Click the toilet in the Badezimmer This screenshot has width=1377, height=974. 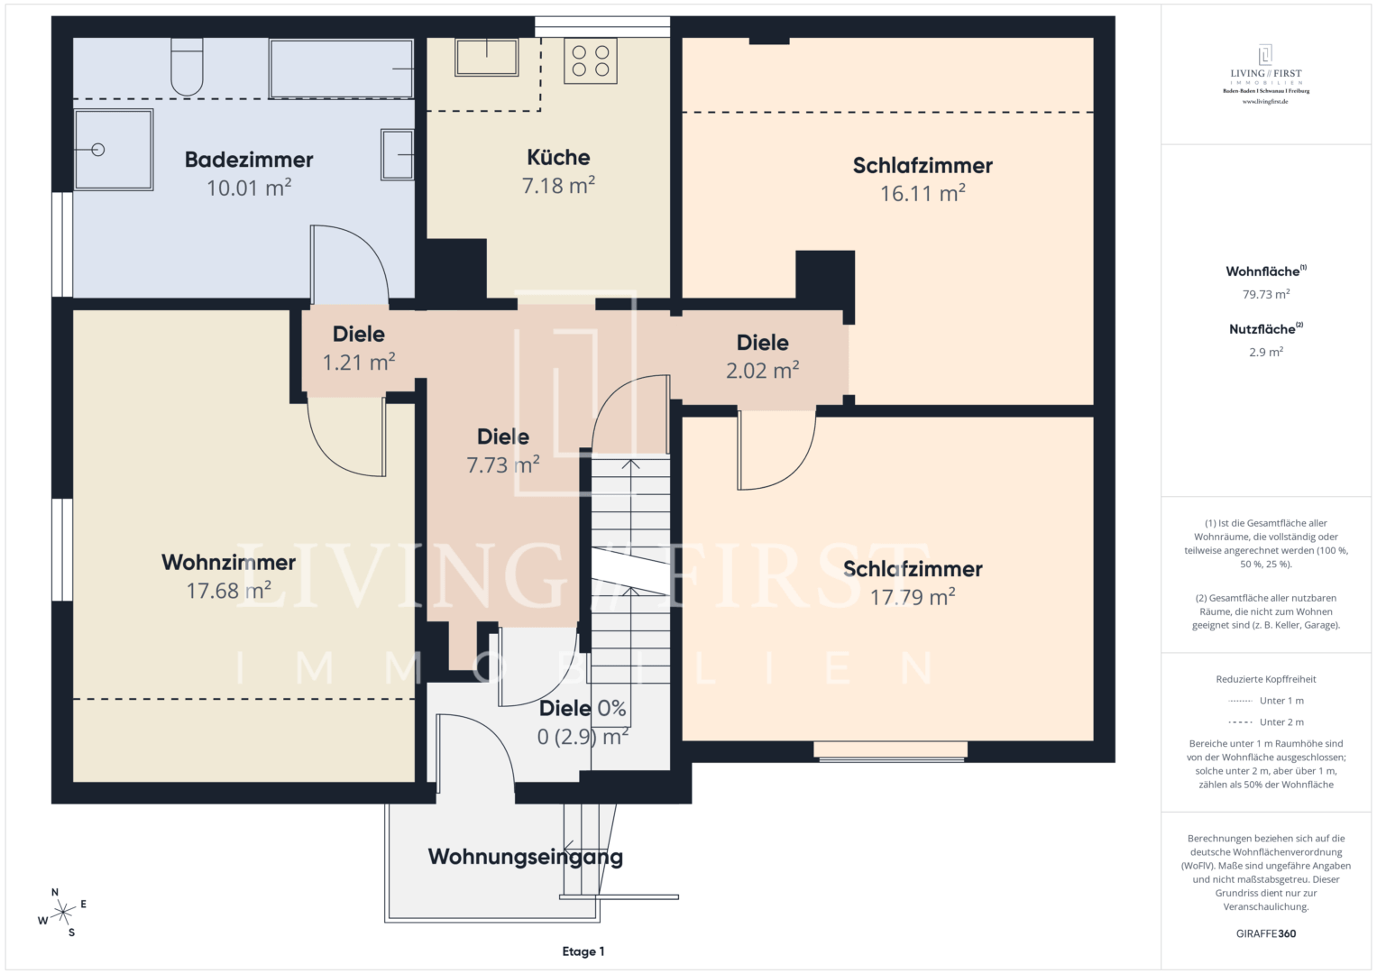coord(187,67)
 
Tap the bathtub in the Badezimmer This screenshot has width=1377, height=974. coord(341,69)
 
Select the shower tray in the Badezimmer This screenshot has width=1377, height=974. coord(114,150)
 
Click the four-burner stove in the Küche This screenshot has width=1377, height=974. coord(590,61)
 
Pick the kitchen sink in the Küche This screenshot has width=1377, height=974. coord(486,57)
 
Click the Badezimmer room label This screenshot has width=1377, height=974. coord(249,160)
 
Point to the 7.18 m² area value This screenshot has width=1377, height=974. coord(558,185)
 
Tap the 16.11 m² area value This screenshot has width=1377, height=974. coord(923,193)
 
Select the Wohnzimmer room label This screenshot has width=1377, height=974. coord(229,562)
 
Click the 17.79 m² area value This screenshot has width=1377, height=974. coord(913,596)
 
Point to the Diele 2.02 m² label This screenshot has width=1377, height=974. coord(763,356)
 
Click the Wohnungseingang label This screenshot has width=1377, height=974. coord(526,857)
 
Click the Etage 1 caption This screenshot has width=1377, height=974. coord(583,951)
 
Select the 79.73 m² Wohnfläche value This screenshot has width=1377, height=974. coord(1266,294)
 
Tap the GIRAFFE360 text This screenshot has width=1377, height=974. coord(1266,933)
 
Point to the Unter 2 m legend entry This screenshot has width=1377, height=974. coord(1266,721)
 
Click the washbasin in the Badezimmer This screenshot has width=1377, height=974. coord(397,154)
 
